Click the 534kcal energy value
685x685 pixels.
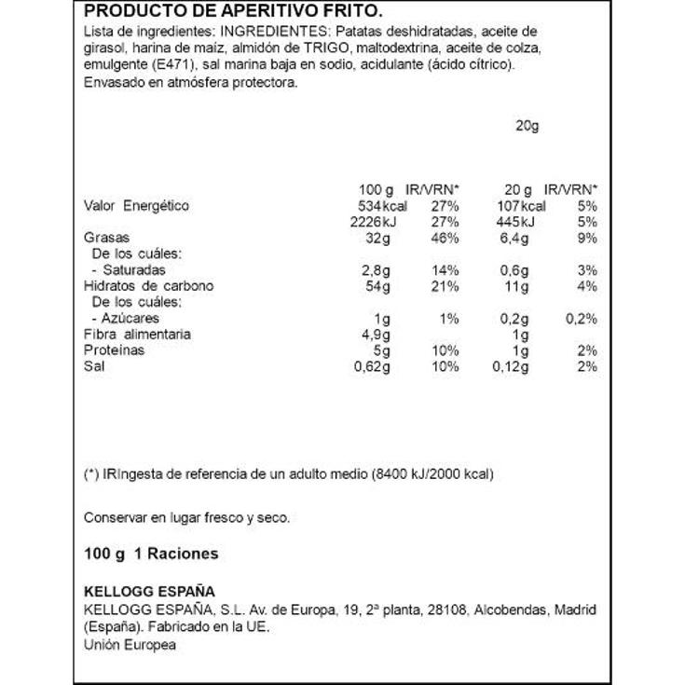(x=384, y=206)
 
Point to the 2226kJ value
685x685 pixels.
(x=384, y=222)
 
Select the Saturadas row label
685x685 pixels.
(x=122, y=270)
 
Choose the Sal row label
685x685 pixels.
(x=93, y=366)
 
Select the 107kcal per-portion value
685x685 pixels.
(x=521, y=206)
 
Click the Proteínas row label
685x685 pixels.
(x=115, y=350)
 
